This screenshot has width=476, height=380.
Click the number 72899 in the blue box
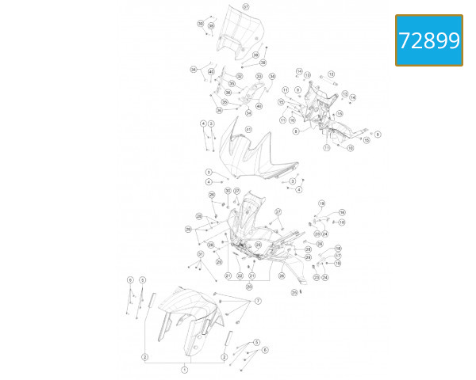pos(429,40)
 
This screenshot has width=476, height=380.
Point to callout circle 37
pos(245,7)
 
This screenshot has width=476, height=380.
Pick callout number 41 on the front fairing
pos(248,129)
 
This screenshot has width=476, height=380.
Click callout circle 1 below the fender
pos(185,370)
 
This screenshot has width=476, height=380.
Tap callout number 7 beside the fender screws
pos(258,302)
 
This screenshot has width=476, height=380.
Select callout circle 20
pos(249,286)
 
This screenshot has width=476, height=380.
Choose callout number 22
pos(240,275)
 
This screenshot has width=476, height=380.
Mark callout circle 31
pos(201,254)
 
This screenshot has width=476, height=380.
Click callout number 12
pos(330,74)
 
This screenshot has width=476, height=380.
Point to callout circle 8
pos(296,131)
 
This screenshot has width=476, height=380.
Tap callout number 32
pos(239,76)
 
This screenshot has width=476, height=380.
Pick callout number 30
pos(227,191)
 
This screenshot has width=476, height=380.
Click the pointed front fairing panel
pos(254,154)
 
